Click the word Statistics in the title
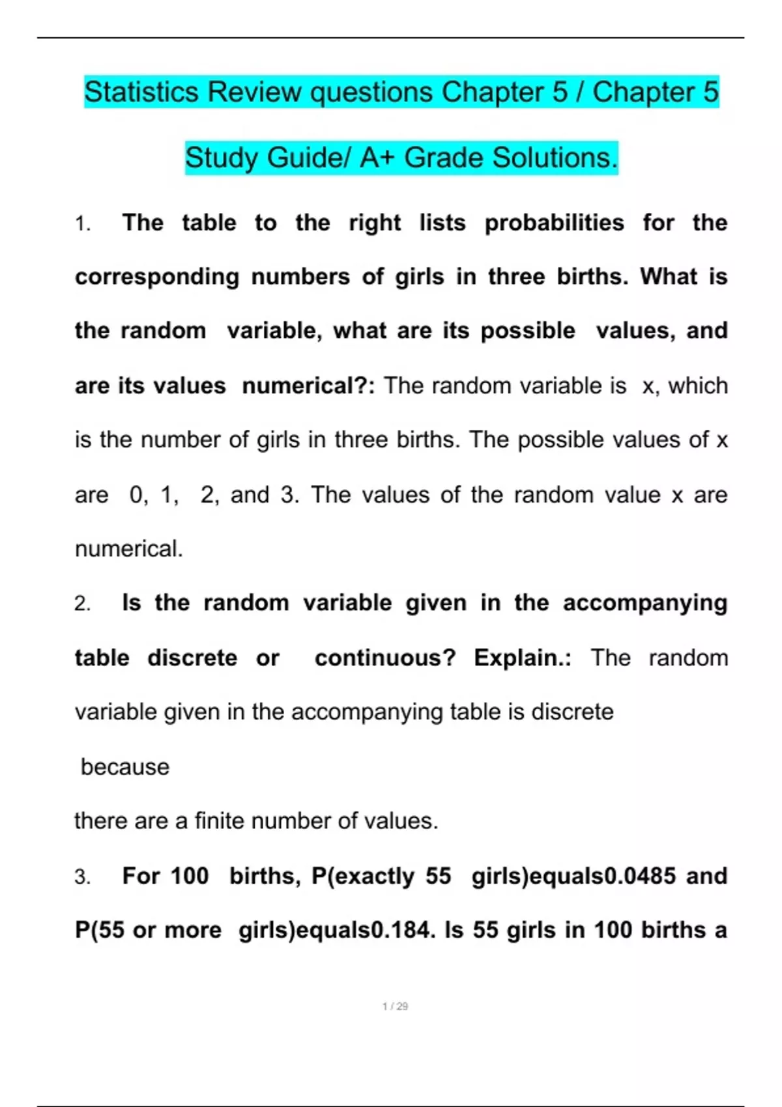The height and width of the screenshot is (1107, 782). (x=141, y=92)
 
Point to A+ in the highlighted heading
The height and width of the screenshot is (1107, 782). (x=377, y=158)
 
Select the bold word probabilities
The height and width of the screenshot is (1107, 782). (x=554, y=223)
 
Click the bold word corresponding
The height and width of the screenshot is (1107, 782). (x=157, y=277)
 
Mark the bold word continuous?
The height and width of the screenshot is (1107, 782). (x=385, y=658)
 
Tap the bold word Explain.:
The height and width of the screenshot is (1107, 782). (x=523, y=658)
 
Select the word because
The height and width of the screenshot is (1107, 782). (x=125, y=767)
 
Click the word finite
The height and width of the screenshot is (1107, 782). (x=220, y=820)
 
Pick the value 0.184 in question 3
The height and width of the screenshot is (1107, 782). (x=403, y=930)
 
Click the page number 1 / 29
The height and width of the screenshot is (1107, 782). (x=395, y=1006)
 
